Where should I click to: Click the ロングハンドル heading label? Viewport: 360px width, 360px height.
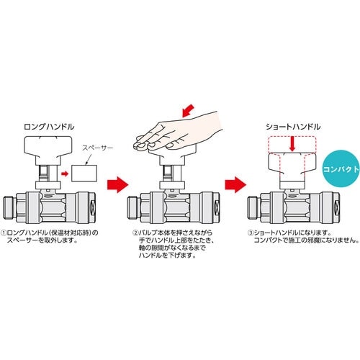(49, 127)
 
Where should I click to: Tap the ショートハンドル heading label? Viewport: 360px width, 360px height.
(293, 127)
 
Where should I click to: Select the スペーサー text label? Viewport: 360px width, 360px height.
(97, 148)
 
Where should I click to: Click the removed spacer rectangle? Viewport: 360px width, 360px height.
(84, 174)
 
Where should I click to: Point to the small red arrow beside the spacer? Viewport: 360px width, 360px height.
(65, 174)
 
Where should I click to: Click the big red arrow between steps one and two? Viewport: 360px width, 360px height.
(117, 184)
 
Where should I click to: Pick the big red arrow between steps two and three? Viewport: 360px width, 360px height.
(235, 184)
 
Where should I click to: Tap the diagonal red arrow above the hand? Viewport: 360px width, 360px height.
(188, 111)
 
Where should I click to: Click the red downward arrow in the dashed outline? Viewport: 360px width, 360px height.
(292, 144)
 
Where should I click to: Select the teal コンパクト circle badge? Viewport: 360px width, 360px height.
(341, 170)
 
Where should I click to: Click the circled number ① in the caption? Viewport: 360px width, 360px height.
(4, 233)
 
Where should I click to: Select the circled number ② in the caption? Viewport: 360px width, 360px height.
(135, 233)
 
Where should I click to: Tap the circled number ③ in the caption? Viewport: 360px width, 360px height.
(251, 233)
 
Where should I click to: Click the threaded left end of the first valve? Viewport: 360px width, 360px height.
(9, 207)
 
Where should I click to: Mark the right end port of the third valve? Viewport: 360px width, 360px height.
(337, 207)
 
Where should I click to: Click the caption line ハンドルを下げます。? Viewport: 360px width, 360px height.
(167, 255)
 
